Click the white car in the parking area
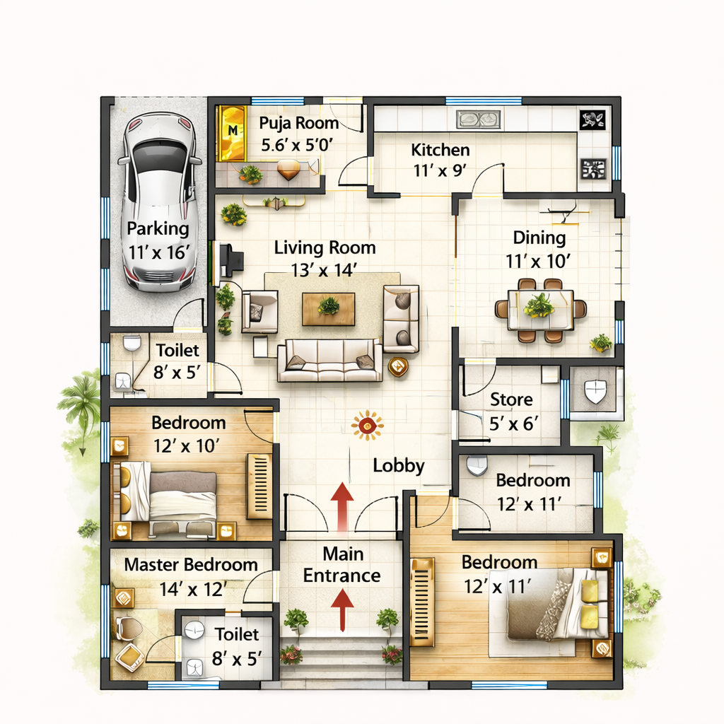158,202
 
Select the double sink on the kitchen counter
478,119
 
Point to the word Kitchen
440,150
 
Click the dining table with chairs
540,310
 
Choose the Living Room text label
325,247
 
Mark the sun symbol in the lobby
366,426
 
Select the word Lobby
399,466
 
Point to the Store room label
511,400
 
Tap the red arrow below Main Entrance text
342,610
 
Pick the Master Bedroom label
190,565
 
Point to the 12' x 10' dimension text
188,445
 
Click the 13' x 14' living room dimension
325,269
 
